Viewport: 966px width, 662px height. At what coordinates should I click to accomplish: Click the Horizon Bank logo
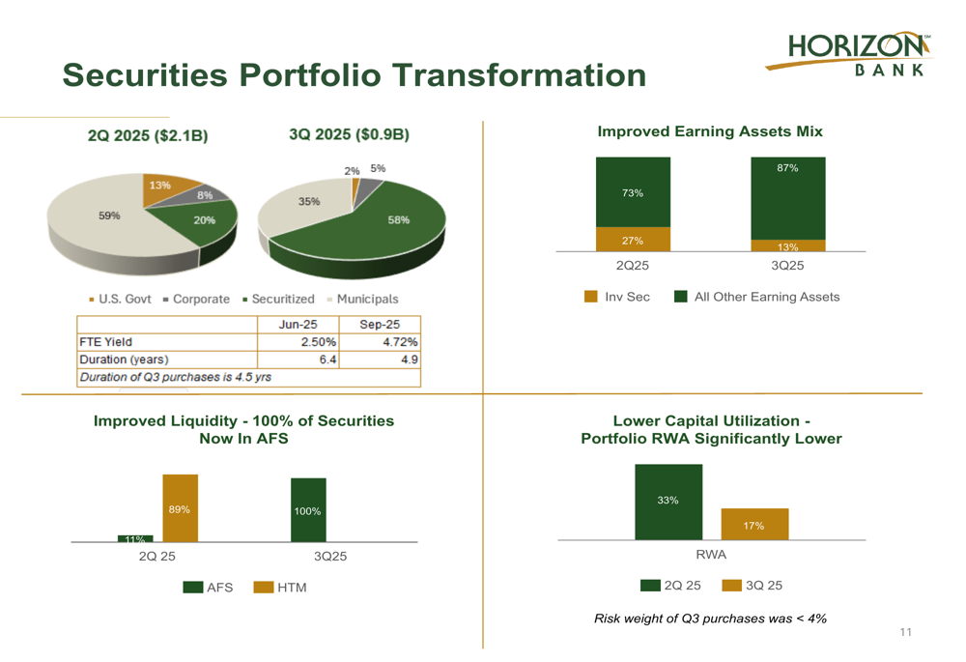click(x=850, y=54)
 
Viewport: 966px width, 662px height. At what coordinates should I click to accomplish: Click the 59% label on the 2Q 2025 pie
click(x=109, y=216)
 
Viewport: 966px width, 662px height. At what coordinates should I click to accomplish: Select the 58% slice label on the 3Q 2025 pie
click(x=398, y=220)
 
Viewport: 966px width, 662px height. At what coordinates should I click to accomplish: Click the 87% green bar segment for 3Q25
click(x=787, y=197)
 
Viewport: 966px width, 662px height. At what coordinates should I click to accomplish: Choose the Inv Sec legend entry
click(x=617, y=297)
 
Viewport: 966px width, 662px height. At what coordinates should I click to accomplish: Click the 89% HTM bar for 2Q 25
click(x=180, y=508)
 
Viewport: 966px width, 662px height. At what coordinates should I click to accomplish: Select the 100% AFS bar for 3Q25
click(x=308, y=510)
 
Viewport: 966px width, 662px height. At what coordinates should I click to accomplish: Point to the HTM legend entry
click(x=280, y=588)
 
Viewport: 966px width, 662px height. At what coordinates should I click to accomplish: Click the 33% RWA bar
click(x=668, y=502)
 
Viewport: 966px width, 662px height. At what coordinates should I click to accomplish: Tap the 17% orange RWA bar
click(x=754, y=525)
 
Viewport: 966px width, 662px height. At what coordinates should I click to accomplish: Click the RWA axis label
click(x=711, y=555)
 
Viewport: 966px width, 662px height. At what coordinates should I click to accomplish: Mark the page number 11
click(x=905, y=633)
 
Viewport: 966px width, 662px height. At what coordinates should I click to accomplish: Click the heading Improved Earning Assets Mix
click(x=710, y=131)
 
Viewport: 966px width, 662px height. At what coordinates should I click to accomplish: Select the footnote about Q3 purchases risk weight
click(x=710, y=619)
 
